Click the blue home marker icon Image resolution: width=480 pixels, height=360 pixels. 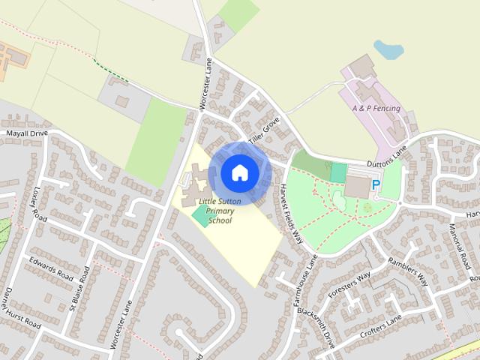click(x=239, y=173)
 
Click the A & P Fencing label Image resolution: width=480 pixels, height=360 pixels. click(x=376, y=109)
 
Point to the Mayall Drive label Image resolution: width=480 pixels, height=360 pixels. click(x=26, y=133)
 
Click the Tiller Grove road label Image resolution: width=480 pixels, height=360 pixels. click(x=264, y=128)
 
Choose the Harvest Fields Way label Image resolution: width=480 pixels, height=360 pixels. click(x=292, y=214)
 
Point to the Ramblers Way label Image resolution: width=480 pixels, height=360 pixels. click(x=409, y=272)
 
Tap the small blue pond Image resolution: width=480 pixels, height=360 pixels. click(x=388, y=49)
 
